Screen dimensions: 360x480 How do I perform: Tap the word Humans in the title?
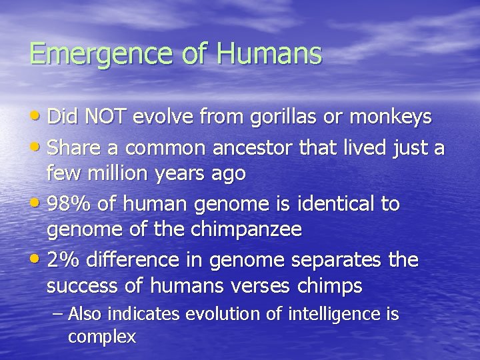tap(269, 53)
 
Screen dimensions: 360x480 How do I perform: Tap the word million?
tap(113, 173)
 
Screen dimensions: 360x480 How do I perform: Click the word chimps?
tap(329, 287)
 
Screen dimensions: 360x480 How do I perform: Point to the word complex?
tap(102, 337)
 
